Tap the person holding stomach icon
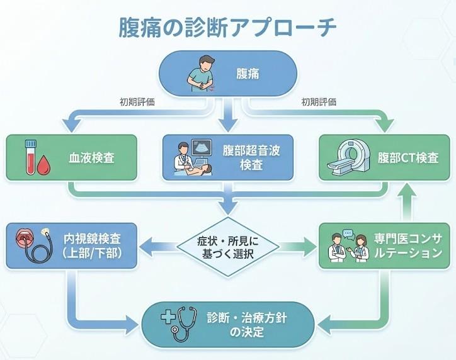[x=203, y=73]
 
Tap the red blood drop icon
[x=43, y=165]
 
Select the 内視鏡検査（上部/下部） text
[x=92, y=246]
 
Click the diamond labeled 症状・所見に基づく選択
[x=228, y=246]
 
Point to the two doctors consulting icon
[x=347, y=247]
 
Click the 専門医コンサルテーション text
[x=408, y=246]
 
